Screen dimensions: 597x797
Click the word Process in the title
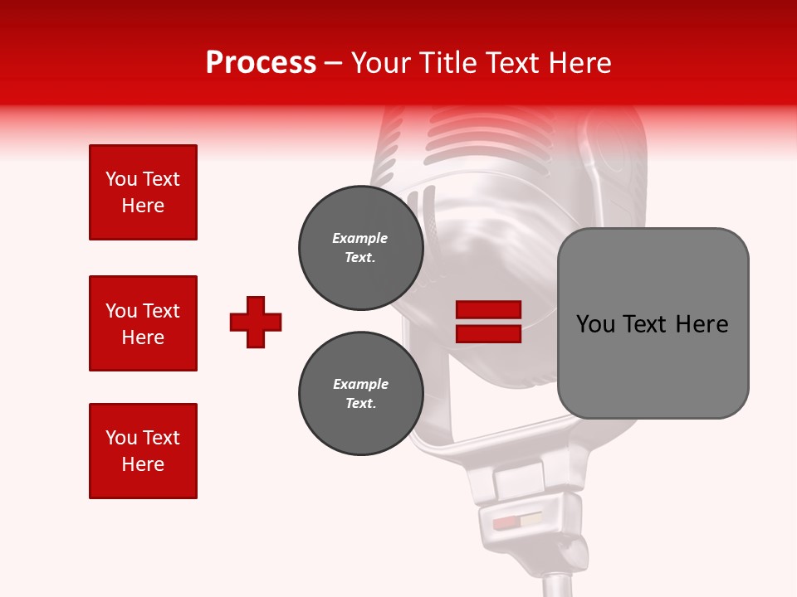pos(261,63)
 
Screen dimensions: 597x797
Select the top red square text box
pos(143,192)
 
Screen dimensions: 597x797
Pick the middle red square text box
pos(143,323)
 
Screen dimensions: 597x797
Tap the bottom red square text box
pos(143,451)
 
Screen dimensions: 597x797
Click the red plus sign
pos(256,322)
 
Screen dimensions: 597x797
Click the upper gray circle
pos(360,248)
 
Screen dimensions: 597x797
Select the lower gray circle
pos(360,394)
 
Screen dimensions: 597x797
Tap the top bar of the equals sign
pos(488,310)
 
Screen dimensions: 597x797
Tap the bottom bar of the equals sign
pos(488,334)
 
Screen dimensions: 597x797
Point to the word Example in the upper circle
pos(360,238)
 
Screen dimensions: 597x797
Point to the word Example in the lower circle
pos(360,384)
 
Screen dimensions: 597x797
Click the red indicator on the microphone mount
pos(506,523)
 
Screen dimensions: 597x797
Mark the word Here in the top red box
pos(143,206)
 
